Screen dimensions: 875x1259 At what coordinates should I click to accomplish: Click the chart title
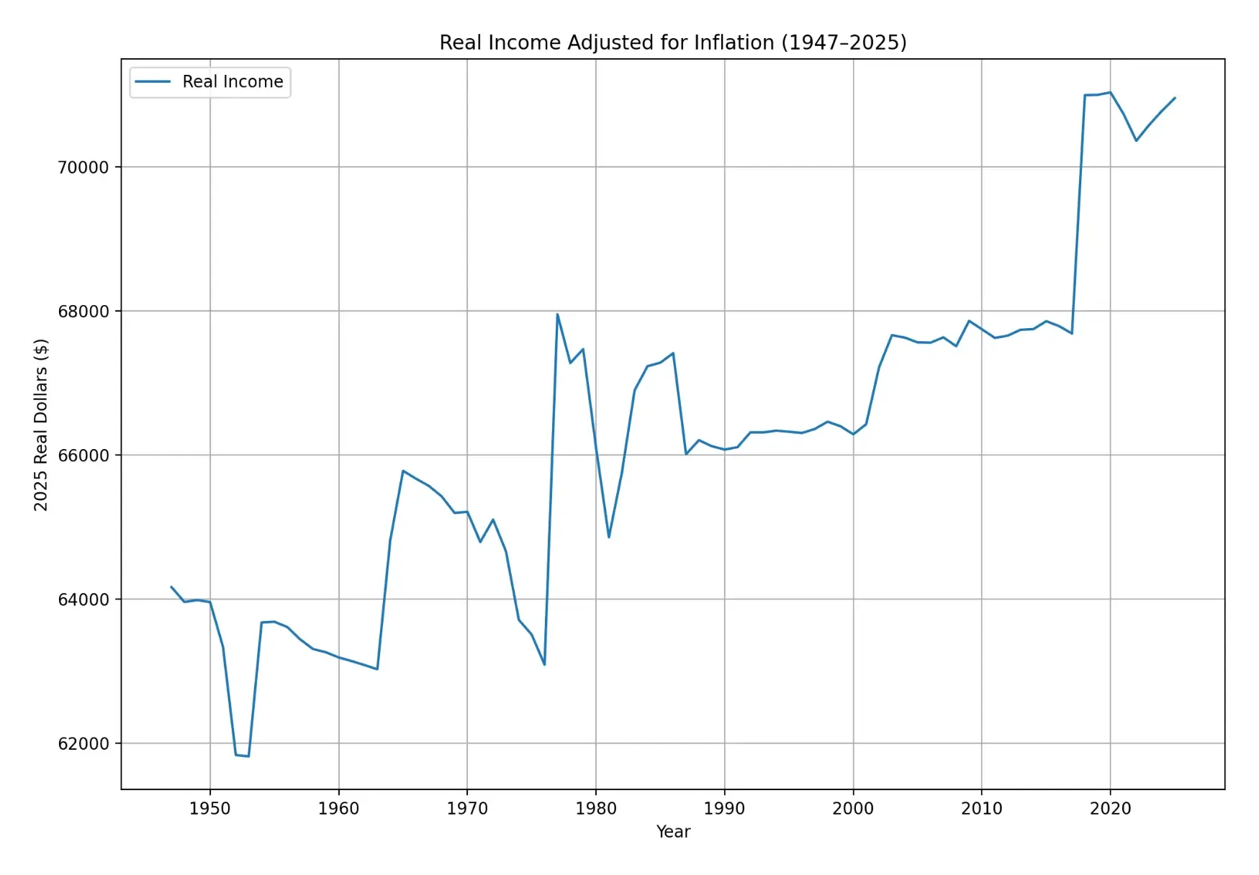point(672,42)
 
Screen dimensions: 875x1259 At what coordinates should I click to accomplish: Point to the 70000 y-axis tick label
point(83,168)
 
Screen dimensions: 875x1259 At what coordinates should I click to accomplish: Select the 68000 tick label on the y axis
point(83,312)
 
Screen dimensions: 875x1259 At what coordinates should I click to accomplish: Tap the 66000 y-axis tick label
point(83,455)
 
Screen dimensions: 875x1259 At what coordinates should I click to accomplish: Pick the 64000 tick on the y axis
point(83,599)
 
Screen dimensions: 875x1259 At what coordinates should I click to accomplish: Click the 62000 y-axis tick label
point(83,744)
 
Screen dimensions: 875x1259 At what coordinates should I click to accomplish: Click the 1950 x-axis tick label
point(209,809)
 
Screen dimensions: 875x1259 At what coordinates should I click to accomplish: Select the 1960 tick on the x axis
point(338,809)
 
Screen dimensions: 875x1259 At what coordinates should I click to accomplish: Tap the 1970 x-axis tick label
point(467,809)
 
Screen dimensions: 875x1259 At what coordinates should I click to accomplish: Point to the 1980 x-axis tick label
point(595,809)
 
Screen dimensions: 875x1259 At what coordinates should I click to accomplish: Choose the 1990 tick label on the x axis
point(724,809)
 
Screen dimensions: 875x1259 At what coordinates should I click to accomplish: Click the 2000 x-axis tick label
point(853,809)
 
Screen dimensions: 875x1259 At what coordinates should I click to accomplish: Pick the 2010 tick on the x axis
point(981,809)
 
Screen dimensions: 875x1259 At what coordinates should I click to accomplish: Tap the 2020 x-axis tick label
point(1110,809)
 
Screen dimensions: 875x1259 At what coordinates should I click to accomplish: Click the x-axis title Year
point(673,832)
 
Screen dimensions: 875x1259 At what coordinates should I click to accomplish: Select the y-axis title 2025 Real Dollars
point(41,425)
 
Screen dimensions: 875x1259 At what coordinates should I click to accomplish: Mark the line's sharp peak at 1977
point(557,314)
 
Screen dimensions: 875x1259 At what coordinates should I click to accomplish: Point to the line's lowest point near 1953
point(248,756)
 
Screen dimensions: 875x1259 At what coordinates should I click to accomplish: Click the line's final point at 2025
point(1175,98)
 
